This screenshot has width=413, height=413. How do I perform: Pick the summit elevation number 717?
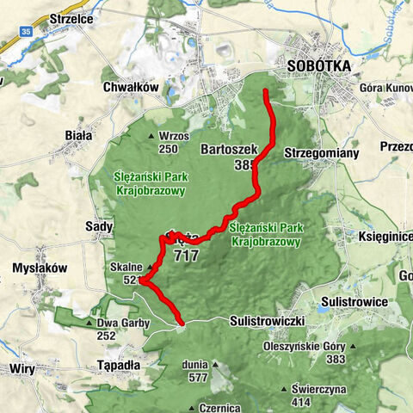click(x=185, y=256)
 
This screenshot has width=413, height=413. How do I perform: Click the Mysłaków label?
click(x=40, y=268)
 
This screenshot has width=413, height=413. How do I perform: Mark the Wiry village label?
click(x=22, y=367)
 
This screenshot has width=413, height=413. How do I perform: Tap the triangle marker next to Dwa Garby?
click(x=89, y=324)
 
